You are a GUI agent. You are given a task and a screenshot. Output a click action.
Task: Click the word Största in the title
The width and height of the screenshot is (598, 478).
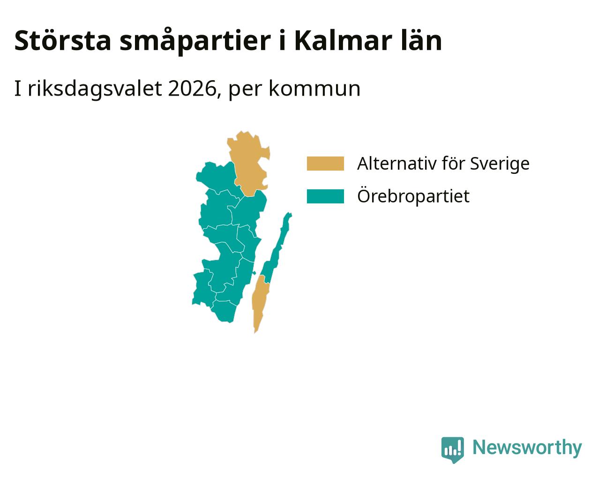click(62, 41)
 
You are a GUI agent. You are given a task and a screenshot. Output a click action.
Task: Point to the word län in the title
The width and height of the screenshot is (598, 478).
click(421, 41)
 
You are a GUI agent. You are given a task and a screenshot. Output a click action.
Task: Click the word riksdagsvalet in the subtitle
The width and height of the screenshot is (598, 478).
click(95, 89)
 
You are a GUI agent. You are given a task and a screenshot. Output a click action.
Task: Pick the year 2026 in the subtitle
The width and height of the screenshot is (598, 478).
click(192, 89)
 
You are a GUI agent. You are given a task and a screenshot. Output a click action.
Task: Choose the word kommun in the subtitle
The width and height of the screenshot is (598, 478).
click(314, 89)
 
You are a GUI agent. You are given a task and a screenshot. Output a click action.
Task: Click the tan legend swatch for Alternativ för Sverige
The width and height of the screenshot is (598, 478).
click(325, 164)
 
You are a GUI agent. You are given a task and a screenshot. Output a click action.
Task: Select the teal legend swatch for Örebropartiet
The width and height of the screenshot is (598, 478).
click(325, 196)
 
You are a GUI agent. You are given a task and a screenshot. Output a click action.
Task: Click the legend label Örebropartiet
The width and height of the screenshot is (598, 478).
click(413, 196)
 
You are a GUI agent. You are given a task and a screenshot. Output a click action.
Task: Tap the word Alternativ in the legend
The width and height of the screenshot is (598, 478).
click(397, 164)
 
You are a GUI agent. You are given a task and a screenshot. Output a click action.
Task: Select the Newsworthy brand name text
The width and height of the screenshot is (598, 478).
click(527, 448)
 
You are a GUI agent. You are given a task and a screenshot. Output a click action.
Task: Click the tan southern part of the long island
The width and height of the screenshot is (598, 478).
click(260, 302)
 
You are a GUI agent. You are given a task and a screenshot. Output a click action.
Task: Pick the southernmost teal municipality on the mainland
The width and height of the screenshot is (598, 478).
click(224, 311)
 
